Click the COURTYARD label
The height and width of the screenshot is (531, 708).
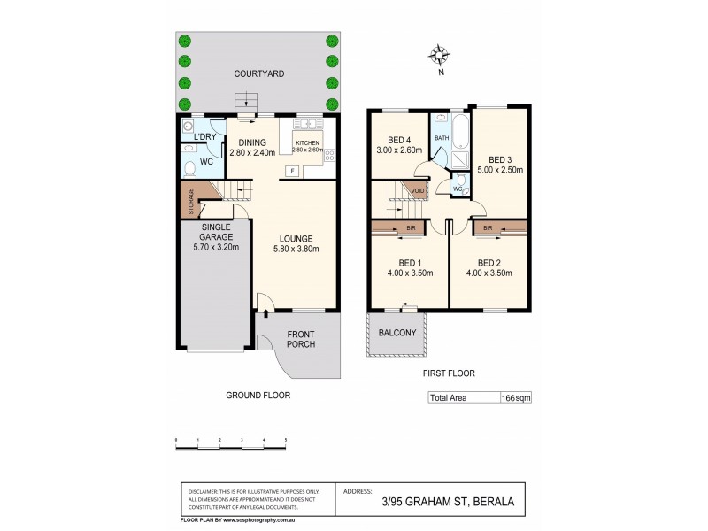point(259,74)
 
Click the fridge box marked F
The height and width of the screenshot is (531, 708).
point(290,171)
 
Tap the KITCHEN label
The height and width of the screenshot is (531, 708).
point(307,143)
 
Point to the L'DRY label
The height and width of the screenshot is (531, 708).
point(204,137)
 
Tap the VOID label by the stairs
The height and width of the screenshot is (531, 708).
point(417,190)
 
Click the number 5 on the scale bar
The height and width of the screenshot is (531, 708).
point(285,440)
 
